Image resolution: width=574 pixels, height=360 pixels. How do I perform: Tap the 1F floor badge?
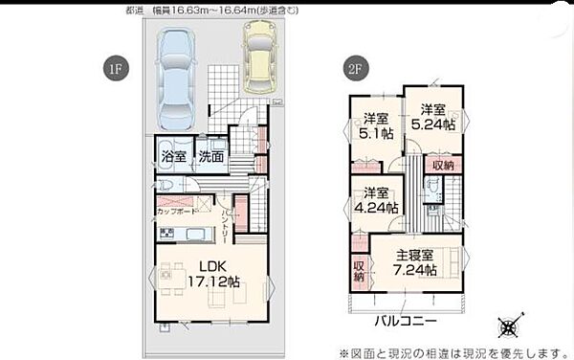pyautogui.click(x=114, y=68)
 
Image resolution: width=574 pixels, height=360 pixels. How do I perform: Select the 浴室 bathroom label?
pyautogui.click(x=173, y=157)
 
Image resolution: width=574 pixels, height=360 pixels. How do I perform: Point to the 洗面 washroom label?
pyautogui.click(x=211, y=157)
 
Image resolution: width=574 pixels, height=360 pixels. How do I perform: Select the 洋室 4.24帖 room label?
pyautogui.click(x=376, y=200)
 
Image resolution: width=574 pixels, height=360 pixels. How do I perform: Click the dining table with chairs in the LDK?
pyautogui.click(x=172, y=278)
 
